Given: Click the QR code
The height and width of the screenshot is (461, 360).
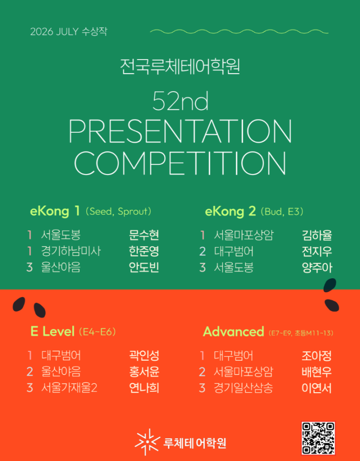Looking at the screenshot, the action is click(318, 438).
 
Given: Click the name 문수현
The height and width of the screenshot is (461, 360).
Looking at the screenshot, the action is click(144, 235).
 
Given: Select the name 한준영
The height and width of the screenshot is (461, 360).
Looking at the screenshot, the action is click(144, 251).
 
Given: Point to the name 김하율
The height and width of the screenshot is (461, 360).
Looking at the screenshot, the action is click(317, 235).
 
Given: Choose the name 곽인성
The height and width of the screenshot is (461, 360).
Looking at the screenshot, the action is click(144, 355).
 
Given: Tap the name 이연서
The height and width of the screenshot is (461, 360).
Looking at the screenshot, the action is click(316, 388).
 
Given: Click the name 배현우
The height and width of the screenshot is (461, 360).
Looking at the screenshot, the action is click(316, 372).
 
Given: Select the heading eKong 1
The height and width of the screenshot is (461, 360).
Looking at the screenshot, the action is click(55, 211).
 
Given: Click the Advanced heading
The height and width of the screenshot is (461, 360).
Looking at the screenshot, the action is click(234, 332).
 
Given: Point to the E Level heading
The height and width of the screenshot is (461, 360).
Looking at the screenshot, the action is click(52, 332).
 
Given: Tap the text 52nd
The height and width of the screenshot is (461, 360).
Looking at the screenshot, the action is click(180, 101).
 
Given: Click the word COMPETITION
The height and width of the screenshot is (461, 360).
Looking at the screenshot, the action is click(180, 163).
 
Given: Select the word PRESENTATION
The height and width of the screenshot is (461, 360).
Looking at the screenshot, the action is click(180, 131).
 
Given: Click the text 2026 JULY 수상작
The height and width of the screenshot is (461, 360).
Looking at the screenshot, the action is click(69, 32).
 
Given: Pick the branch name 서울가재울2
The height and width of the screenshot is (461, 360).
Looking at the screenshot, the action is click(69, 388).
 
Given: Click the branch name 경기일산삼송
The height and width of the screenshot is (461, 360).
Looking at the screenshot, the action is click(243, 388).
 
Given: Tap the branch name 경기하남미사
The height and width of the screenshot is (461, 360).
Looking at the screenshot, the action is click(71, 251).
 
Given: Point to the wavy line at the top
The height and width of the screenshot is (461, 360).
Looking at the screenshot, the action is click(239, 32).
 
